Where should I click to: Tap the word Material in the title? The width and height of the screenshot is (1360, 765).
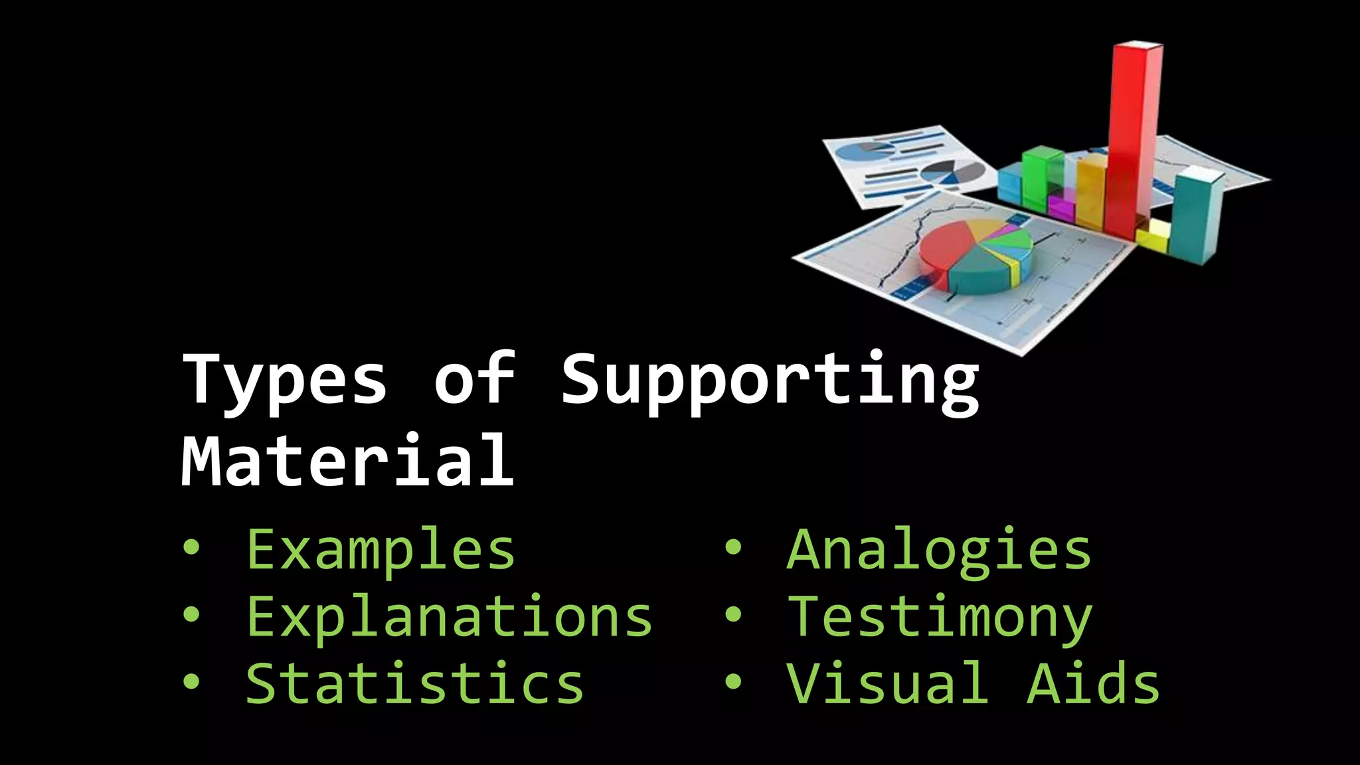[x=347, y=460]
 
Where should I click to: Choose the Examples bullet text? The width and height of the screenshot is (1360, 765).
[x=381, y=550]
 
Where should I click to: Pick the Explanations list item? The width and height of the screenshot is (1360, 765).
[x=449, y=617]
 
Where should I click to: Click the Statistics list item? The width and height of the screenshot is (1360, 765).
[x=414, y=684]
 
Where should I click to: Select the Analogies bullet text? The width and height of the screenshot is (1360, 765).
[x=939, y=550]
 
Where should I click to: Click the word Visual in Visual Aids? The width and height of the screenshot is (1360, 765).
[x=887, y=684]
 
